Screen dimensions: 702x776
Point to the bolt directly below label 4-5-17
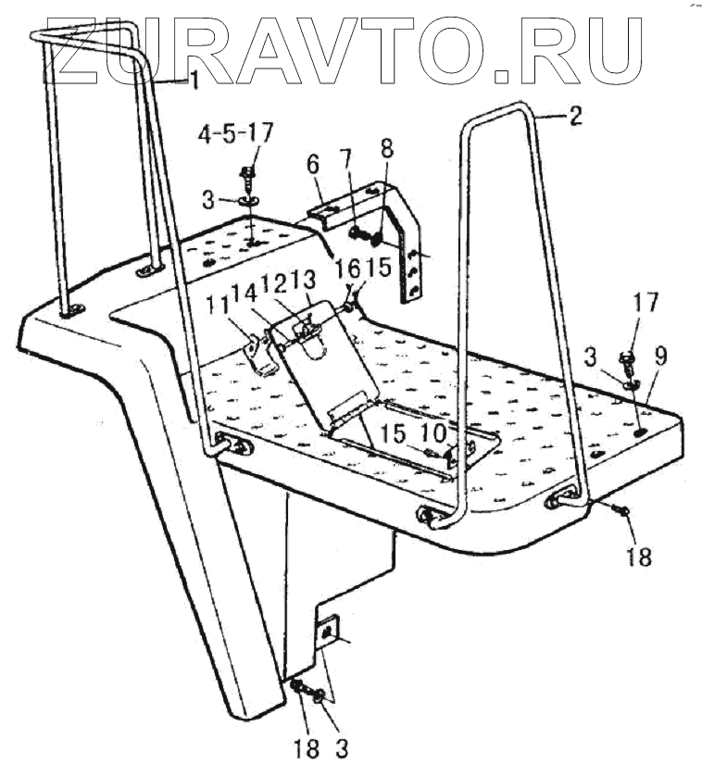(x=248, y=175)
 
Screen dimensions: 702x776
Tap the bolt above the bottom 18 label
(x=298, y=687)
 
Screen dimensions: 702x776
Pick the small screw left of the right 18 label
(x=621, y=509)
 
